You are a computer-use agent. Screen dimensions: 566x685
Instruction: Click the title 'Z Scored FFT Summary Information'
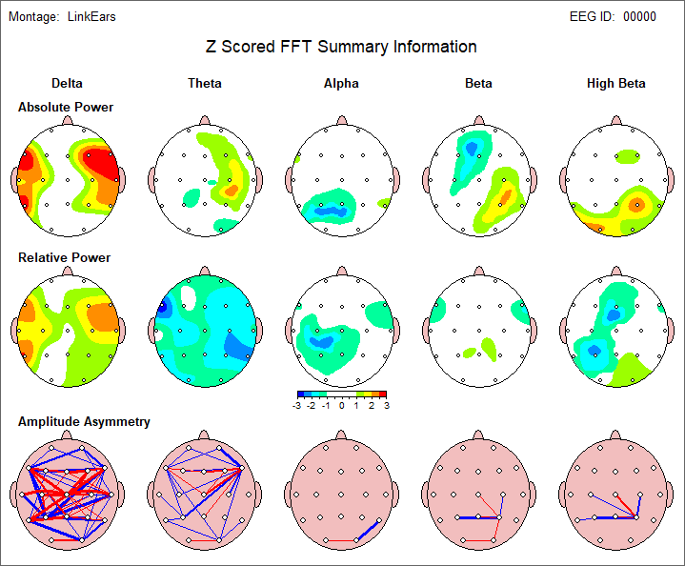(x=341, y=47)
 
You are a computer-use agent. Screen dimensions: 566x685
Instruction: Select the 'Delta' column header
(x=67, y=84)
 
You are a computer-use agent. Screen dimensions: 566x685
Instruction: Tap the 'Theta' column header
(x=205, y=84)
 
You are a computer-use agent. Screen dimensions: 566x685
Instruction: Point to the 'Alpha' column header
(x=341, y=84)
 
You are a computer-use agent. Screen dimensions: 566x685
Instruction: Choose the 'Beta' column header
(x=478, y=84)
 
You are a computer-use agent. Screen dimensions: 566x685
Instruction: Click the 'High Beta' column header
(x=615, y=84)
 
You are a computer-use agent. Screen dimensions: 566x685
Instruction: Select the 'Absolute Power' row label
(x=66, y=108)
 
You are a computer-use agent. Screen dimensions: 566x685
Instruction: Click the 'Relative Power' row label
(x=64, y=258)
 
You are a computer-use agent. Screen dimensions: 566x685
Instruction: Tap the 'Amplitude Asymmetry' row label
(x=84, y=422)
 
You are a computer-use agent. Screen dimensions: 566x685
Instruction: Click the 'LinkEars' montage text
(x=92, y=17)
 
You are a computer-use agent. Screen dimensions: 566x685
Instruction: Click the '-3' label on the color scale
(x=299, y=405)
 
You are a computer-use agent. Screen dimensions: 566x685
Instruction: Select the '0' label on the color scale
(x=341, y=405)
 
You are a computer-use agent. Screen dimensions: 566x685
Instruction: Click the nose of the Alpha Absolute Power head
(x=341, y=121)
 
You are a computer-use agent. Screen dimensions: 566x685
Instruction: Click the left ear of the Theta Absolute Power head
(x=151, y=179)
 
